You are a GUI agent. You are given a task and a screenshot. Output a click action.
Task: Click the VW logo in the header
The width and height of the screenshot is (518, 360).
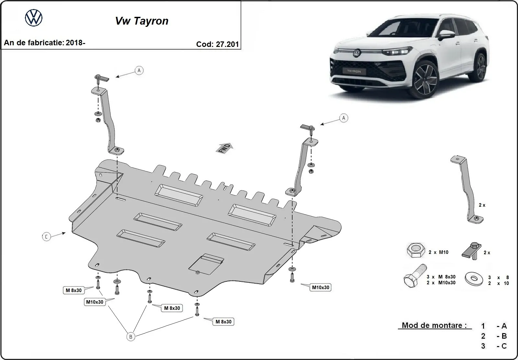click(x=34, y=17)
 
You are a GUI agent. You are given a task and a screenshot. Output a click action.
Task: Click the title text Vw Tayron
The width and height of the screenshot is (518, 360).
click(x=142, y=21)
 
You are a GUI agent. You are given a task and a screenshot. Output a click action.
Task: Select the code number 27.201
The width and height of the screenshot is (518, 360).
click(x=227, y=44)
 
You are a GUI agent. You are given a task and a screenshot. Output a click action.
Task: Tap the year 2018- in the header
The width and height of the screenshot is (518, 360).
click(x=75, y=42)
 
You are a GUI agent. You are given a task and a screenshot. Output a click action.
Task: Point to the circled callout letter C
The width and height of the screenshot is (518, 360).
click(x=46, y=237)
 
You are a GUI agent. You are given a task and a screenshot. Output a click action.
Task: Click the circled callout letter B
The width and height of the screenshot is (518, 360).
click(x=131, y=337)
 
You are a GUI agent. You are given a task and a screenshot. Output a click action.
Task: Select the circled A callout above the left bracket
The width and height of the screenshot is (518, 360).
click(x=139, y=70)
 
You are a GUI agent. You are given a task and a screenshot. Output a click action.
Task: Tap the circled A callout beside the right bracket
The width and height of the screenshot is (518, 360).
click(x=343, y=118)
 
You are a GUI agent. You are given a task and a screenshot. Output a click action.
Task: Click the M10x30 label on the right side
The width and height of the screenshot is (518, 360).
click(x=321, y=287)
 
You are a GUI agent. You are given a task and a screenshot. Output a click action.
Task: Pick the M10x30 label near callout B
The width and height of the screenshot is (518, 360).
click(x=95, y=302)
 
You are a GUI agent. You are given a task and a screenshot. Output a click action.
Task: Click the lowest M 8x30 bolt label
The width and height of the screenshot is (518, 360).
click(x=223, y=322)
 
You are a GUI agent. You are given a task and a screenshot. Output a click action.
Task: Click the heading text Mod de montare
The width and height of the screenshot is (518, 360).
click(x=434, y=325)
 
